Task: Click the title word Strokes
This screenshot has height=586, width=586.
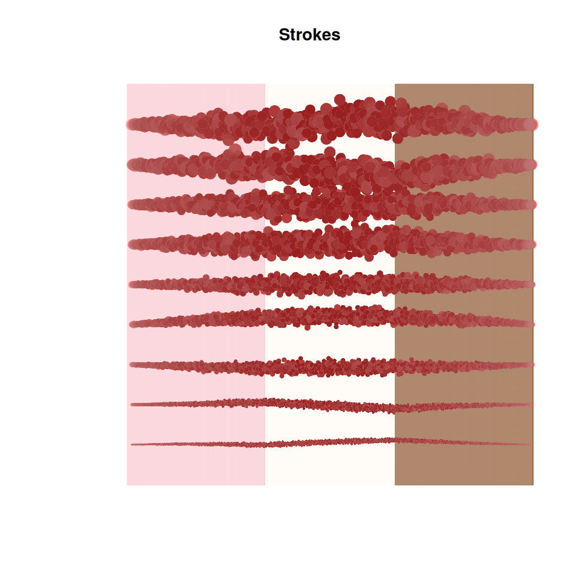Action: pyautogui.click(x=309, y=35)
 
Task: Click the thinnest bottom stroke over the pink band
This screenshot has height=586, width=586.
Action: pyautogui.click(x=198, y=445)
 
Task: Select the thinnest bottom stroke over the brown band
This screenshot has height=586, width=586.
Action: pyautogui.click(x=465, y=442)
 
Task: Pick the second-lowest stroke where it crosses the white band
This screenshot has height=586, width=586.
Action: pyautogui.click(x=330, y=404)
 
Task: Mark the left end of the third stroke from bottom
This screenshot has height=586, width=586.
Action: pyautogui.click(x=133, y=365)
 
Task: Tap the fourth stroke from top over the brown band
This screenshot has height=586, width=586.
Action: pyautogui.click(x=465, y=245)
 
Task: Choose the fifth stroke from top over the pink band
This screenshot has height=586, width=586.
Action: pyautogui.click(x=198, y=285)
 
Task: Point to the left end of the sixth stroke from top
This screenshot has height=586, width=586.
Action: pyautogui.click(x=133, y=324)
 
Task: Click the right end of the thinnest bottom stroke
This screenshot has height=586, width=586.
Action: pyautogui.click(x=531, y=445)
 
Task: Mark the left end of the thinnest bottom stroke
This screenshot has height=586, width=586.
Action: pyautogui.click(x=133, y=445)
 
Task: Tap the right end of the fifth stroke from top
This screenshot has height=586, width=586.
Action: pyautogui.click(x=531, y=284)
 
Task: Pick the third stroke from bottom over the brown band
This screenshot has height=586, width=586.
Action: pyautogui.click(x=465, y=366)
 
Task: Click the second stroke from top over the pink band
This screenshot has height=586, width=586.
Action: pyautogui.click(x=198, y=165)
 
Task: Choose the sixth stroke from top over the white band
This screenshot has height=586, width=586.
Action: pyautogui.click(x=330, y=318)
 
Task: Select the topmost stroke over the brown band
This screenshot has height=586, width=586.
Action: pyautogui.click(x=465, y=122)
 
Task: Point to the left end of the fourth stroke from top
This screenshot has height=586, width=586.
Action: pyautogui.click(x=133, y=245)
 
